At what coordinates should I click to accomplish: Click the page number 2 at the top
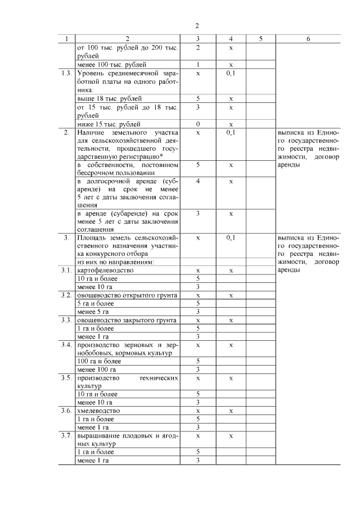click(197, 26)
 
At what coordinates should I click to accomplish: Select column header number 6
click(308, 39)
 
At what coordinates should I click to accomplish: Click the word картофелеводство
click(105, 271)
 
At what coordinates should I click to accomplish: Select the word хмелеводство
click(98, 411)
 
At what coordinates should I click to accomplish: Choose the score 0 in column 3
click(198, 124)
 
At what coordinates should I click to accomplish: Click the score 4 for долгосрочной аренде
click(198, 182)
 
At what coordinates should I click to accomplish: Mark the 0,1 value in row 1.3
click(231, 73)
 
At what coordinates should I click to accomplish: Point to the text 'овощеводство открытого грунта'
click(128, 295)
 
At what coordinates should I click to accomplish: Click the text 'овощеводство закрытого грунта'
click(127, 320)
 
